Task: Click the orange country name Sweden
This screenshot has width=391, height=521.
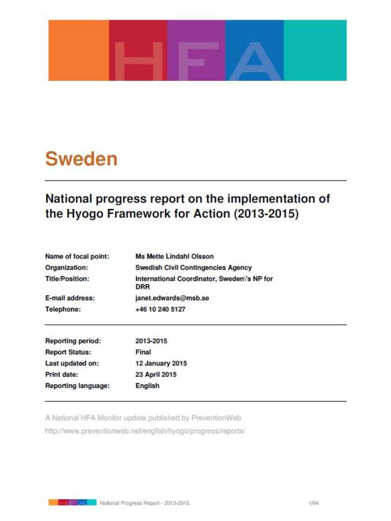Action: pos(81,158)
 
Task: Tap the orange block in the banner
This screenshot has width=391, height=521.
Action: pos(79,50)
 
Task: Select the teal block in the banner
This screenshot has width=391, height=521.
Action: pos(315,50)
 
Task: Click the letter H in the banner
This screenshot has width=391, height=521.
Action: pos(138,61)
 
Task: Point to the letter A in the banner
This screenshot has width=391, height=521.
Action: pos(255,61)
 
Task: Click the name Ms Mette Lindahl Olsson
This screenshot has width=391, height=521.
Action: pos(174,256)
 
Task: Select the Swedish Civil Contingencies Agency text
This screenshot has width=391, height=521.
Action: pos(193,268)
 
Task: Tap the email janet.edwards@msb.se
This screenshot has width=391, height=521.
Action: pos(172,298)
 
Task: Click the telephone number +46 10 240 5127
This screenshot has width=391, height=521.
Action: pos(160,309)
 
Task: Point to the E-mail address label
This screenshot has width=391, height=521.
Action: pos(70,298)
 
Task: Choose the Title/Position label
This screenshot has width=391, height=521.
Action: pos(67,279)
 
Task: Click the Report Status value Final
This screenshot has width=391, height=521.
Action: pos(143,352)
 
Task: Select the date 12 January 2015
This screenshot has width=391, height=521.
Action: pos(161,363)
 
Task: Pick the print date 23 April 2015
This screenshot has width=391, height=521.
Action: pos(156,374)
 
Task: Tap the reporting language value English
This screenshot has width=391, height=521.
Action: pos(147,386)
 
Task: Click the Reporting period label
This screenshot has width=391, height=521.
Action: pos(73,341)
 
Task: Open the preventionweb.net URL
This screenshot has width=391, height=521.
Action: pos(146,431)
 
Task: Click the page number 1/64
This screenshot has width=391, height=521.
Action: pos(313,503)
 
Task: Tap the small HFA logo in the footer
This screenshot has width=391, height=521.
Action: pos(72,503)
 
